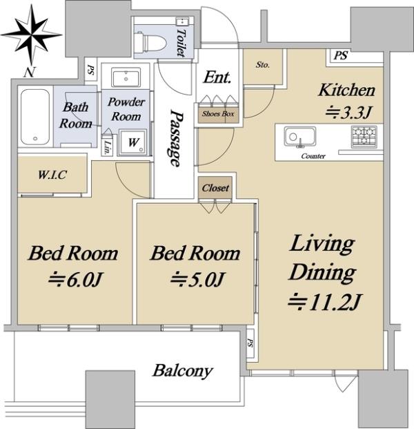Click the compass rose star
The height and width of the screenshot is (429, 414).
(32, 35)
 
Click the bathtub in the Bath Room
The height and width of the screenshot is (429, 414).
(35, 117)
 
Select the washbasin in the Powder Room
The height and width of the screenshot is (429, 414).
(126, 77)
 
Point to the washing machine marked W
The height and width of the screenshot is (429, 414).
(133, 142)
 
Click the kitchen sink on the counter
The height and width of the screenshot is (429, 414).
(299, 137)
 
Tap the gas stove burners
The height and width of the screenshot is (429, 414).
(364, 136)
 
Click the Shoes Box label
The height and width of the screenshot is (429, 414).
(218, 113)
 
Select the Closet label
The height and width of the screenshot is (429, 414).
(215, 188)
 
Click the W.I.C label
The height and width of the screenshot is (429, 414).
(52, 175)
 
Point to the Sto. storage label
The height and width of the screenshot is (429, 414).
(263, 65)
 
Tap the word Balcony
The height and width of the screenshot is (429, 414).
(183, 371)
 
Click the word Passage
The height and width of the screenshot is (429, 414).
(175, 137)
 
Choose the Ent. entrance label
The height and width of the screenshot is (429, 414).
(217, 77)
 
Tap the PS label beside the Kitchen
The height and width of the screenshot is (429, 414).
(340, 55)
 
